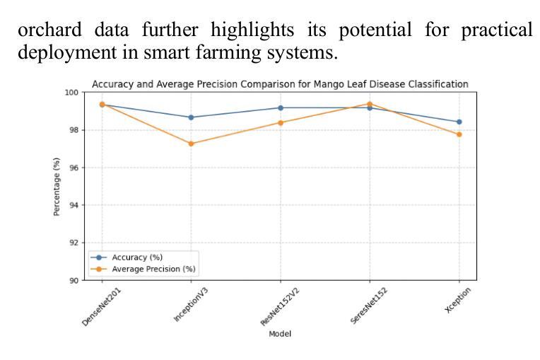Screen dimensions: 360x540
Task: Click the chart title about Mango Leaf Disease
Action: pos(280,84)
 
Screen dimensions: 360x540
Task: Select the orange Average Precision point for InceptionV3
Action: pos(192,144)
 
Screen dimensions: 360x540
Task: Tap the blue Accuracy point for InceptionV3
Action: pos(192,117)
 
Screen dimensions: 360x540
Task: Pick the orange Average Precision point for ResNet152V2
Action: pos(281,122)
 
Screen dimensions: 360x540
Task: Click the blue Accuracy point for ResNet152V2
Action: pos(281,108)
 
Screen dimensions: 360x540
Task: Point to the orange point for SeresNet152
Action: pos(370,104)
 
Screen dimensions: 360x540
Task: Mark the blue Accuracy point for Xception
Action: pos(459,122)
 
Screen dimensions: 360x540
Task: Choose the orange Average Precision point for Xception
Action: pos(459,134)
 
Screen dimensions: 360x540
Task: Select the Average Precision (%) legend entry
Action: pos(153,269)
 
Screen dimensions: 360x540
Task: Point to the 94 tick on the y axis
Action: pos(74,205)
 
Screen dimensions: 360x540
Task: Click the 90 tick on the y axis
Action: pos(74,280)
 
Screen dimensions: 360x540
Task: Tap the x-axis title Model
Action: pos(280,334)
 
